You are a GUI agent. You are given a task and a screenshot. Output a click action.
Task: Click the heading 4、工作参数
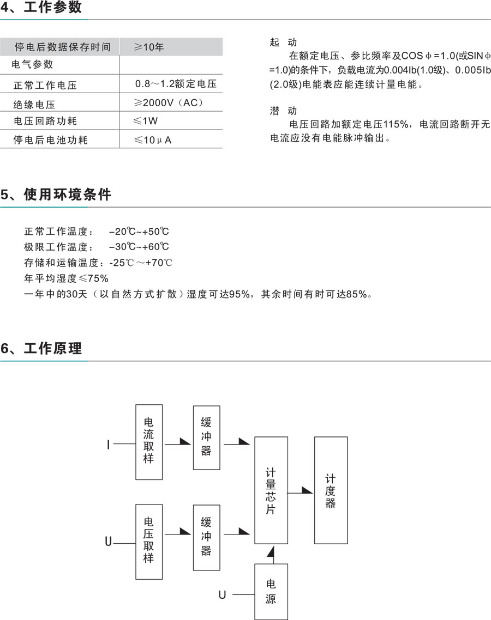pyautogui.click(x=41, y=8)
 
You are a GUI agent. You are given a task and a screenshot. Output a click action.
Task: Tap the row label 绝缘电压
pyautogui.click(x=34, y=104)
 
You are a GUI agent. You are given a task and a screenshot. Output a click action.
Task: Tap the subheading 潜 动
pyautogui.click(x=283, y=111)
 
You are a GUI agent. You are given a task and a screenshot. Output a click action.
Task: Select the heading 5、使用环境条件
pyautogui.click(x=56, y=195)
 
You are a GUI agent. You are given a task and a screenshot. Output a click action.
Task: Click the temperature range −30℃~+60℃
pyautogui.click(x=139, y=247)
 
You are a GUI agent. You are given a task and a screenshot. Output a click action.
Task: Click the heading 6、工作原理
pyautogui.click(x=41, y=348)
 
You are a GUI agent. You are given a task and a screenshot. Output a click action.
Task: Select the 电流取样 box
pyautogui.click(x=149, y=441)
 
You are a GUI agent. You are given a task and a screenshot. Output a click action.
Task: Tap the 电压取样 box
pyautogui.click(x=149, y=542)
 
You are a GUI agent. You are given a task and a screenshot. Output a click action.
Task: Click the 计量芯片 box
pyautogui.click(x=271, y=490)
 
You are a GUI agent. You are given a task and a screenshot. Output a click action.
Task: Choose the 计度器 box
pyautogui.click(x=331, y=490)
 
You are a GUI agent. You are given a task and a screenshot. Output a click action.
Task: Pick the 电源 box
pyautogui.click(x=271, y=592)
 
